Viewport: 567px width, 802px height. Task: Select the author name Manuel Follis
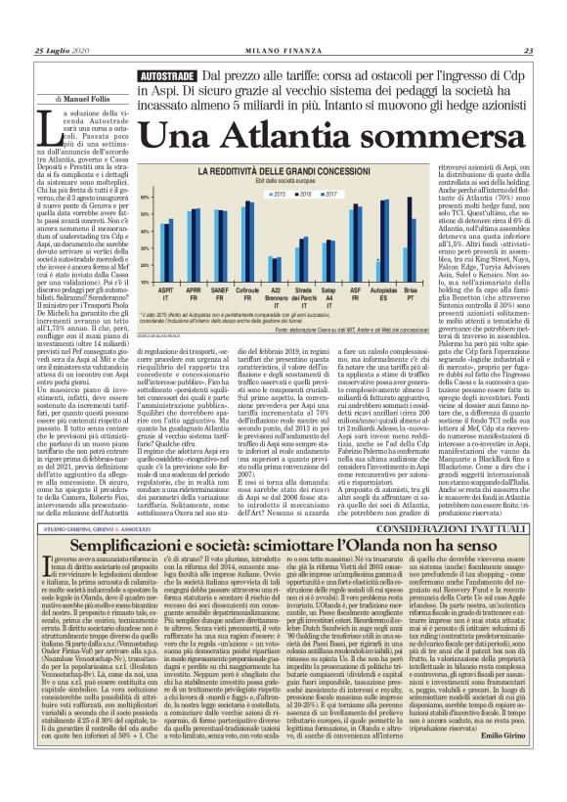coord(86,100)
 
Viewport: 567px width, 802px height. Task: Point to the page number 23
coord(528,52)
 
